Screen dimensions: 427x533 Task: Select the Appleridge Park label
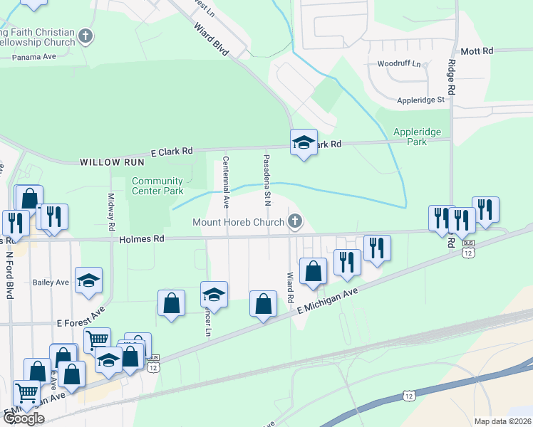coord(417,137)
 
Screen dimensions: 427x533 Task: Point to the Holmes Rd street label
coord(142,239)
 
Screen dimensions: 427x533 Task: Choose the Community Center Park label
coord(157,186)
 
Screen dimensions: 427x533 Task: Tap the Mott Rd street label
coord(477,51)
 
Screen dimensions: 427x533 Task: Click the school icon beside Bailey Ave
coord(88,281)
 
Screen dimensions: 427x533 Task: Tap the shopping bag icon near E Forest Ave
coord(171,304)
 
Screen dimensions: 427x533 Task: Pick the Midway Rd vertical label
coord(111,211)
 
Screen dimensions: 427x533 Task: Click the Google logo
coord(23,418)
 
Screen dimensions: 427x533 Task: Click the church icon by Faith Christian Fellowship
coord(86,36)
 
